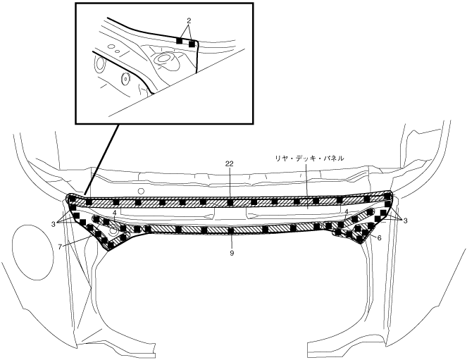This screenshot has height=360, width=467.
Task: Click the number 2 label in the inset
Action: click(x=189, y=21)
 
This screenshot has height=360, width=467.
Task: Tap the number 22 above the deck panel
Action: click(x=230, y=163)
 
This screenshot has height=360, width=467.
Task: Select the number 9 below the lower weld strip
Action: click(x=231, y=252)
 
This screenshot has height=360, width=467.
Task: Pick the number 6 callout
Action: click(x=380, y=238)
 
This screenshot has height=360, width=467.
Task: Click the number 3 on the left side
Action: click(x=54, y=223)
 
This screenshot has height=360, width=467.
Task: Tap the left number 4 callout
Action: click(x=114, y=213)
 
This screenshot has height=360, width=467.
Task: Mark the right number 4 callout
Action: click(x=347, y=211)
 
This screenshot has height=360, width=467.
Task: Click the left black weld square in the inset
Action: click(x=179, y=42)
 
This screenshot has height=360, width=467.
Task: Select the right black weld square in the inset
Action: click(x=192, y=44)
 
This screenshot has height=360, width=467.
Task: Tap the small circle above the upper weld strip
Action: click(x=142, y=191)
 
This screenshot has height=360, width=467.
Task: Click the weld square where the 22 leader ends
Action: click(x=230, y=203)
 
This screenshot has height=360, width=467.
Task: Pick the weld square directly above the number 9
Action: click(x=231, y=230)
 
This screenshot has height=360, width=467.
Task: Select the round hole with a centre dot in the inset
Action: click(x=127, y=79)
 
